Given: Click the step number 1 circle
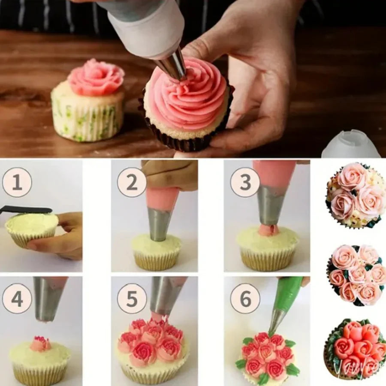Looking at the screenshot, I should pyautogui.click(x=17, y=182).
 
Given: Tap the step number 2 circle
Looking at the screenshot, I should pyautogui.click(x=132, y=182).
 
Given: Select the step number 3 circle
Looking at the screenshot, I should pyautogui.click(x=245, y=182).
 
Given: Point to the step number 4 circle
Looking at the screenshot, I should pyautogui.click(x=17, y=299).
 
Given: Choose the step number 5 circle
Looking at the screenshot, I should pyautogui.click(x=132, y=299).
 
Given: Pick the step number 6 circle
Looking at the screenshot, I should pyautogui.click(x=245, y=299).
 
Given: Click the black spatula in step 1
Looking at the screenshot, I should pyautogui.click(x=26, y=210).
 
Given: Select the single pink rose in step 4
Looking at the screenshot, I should pyautogui.click(x=41, y=344).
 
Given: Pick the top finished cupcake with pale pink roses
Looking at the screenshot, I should pyautogui.click(x=356, y=196).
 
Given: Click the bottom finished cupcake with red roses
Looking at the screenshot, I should pyautogui.click(x=355, y=348).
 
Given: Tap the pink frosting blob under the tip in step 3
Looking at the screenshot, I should pyautogui.click(x=268, y=230).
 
